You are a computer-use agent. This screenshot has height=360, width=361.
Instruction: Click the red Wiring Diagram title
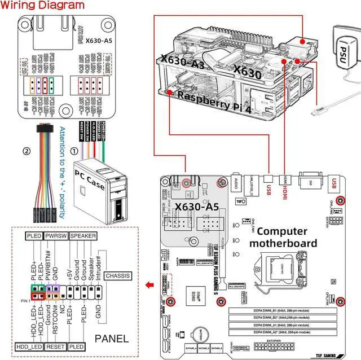tap(42, 6)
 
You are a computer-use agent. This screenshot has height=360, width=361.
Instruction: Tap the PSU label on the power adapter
tap(343, 55)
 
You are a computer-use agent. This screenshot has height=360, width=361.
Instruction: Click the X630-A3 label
tap(182, 62)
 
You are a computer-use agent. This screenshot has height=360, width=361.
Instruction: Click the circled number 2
tap(25, 151)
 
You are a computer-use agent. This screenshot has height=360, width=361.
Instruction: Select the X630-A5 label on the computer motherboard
tap(196, 207)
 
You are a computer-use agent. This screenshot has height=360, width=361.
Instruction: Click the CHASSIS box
tap(118, 276)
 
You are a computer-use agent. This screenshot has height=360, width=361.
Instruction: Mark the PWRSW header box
tap(57, 236)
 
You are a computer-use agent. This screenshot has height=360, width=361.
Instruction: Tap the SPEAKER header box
tap(83, 236)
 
